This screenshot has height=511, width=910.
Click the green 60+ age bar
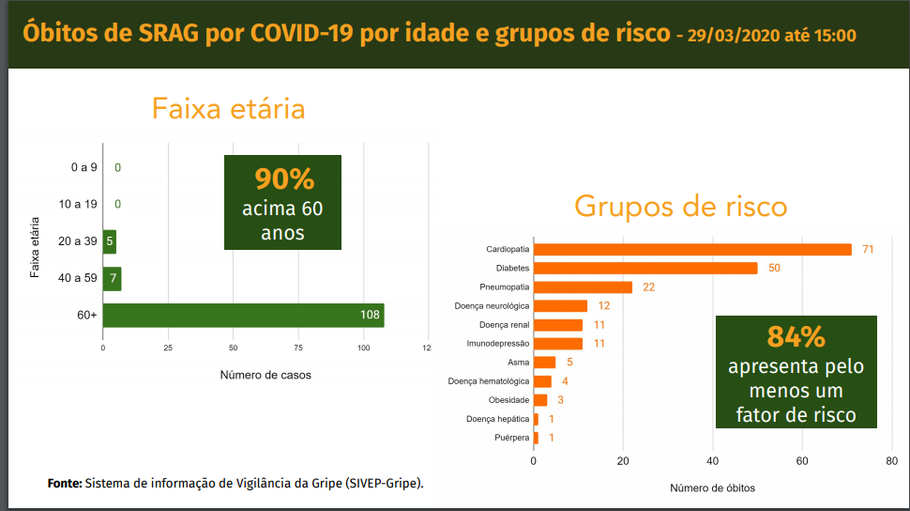[243, 316]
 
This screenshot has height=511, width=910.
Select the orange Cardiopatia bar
[692, 250]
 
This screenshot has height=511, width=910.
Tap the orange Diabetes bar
[645, 269]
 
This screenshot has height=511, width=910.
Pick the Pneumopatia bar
[583, 287]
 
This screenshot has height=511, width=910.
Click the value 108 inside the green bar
[370, 316]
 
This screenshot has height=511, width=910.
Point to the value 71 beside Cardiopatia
[868, 250]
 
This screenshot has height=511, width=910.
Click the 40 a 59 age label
[77, 279]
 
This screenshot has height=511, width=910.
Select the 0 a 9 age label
[83, 168]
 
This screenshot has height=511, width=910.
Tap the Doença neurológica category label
[492, 306]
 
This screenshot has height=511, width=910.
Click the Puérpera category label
[511, 438]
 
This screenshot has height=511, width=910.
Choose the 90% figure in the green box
[283, 179]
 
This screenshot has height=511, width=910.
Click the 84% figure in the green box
[796, 335]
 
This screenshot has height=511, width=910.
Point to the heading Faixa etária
[228, 109]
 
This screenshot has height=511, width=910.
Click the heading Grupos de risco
[680, 206]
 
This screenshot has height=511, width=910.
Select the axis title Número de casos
[265, 375]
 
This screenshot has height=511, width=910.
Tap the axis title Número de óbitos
[712, 488]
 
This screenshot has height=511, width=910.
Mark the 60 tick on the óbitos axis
[802, 461]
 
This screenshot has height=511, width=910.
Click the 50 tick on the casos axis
[233, 347]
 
